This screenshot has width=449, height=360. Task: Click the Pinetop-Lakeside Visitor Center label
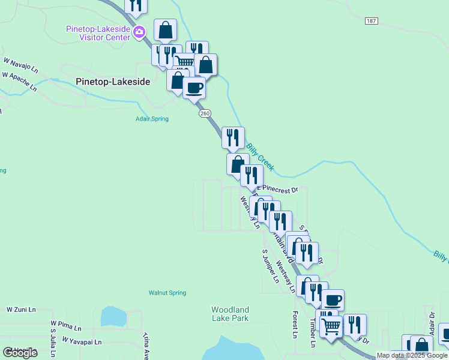point(98,33)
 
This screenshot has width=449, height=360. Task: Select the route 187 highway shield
point(371,21)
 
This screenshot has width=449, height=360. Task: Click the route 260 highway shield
point(205,113)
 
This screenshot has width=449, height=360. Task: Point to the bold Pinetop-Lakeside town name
point(113,81)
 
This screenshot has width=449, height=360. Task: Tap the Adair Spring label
point(151,119)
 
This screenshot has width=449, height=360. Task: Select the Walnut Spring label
point(167,293)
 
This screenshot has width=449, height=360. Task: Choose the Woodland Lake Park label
point(230,314)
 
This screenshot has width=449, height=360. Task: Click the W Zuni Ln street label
point(22,310)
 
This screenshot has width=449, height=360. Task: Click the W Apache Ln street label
point(19,82)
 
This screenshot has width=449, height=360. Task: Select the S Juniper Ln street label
point(271,266)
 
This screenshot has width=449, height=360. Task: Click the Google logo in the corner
point(20,352)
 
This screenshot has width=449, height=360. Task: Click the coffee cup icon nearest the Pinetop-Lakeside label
point(194,88)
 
